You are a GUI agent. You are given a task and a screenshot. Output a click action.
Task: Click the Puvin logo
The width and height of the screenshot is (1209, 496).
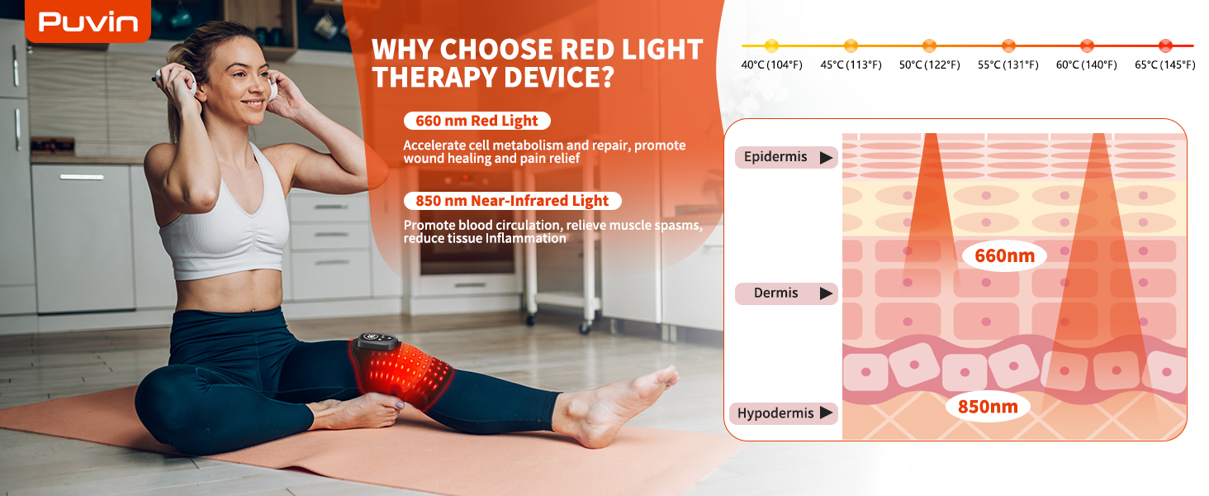pyautogui.click(x=88, y=21)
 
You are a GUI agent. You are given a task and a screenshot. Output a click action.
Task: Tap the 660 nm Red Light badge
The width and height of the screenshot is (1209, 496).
pyautogui.click(x=476, y=121)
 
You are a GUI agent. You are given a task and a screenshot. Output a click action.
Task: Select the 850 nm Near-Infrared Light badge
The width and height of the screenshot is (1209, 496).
pyautogui.click(x=512, y=200)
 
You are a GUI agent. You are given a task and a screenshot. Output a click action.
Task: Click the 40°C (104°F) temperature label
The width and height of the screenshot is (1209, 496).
pyautogui.click(x=771, y=64)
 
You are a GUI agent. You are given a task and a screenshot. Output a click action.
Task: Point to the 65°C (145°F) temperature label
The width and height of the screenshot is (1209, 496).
pyautogui.click(x=1164, y=64)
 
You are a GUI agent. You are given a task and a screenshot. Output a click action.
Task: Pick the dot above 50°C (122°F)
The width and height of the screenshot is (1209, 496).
pyautogui.click(x=929, y=45)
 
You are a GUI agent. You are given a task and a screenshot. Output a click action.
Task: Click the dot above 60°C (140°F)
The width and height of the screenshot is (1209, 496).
pyautogui.click(x=1087, y=45)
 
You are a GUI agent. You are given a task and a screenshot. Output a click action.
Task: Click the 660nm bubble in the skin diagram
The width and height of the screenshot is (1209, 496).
pyautogui.click(x=1004, y=255)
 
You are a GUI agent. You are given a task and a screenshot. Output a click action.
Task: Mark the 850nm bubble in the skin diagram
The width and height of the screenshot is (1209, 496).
pyautogui.click(x=988, y=406)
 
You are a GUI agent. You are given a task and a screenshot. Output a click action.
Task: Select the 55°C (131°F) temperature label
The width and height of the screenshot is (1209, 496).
pyautogui.click(x=1007, y=64)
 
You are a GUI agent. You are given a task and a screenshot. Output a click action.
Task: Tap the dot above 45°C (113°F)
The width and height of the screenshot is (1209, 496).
pyautogui.click(x=851, y=45)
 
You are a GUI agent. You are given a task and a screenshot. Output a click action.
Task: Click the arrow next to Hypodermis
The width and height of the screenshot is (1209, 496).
pyautogui.click(x=826, y=413)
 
